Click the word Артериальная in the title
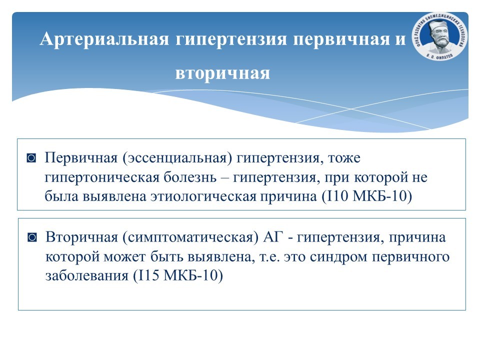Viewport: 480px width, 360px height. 104,39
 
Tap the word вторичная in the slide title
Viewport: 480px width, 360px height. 222,73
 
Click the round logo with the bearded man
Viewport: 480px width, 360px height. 439,36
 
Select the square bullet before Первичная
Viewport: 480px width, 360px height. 31,158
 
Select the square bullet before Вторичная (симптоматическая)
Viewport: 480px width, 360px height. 32,237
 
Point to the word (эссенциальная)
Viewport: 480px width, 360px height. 177,158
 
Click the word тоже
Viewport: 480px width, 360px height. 344,158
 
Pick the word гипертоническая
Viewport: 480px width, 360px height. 102,178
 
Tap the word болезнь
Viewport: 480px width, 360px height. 190,177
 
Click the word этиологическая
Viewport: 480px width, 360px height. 203,196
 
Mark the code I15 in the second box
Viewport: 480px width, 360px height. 148,275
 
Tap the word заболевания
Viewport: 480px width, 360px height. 87,276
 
